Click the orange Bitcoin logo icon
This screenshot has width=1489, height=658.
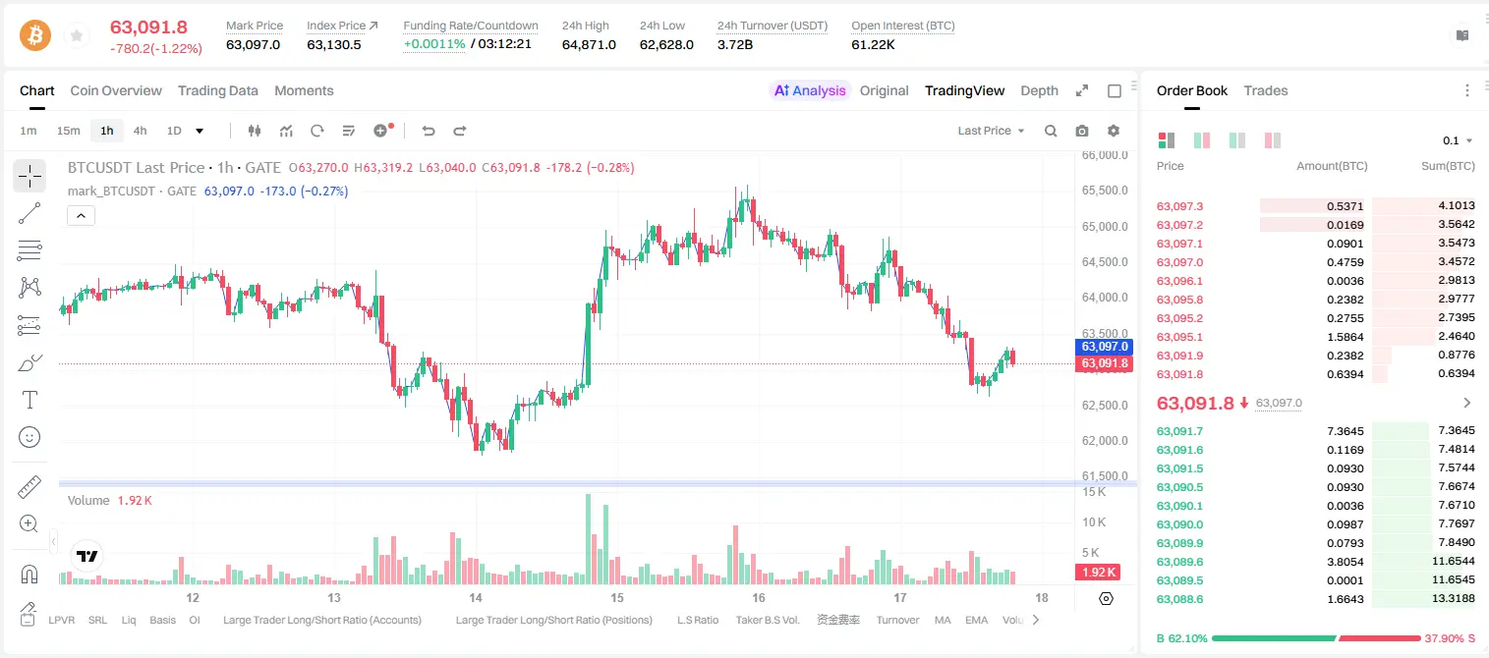(35, 35)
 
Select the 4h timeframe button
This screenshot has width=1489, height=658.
(140, 131)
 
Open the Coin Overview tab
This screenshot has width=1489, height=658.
(116, 90)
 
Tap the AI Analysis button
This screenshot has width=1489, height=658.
(810, 90)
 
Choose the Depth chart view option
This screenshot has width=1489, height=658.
(1039, 90)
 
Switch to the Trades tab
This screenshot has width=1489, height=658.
(1266, 90)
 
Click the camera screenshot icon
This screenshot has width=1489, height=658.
(1082, 131)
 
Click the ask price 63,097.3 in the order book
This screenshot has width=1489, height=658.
(1180, 206)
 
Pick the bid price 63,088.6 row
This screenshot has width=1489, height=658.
(1180, 599)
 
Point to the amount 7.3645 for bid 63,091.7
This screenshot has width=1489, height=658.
(1345, 431)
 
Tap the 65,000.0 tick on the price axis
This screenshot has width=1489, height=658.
(1105, 227)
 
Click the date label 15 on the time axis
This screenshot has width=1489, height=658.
(617, 597)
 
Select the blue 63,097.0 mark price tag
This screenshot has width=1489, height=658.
(1104, 347)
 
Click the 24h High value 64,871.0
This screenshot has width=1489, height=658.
(589, 44)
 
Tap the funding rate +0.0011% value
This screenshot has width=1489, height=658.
(434, 44)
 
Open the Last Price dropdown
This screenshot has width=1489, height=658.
(991, 131)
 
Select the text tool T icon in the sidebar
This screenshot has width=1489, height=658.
(29, 400)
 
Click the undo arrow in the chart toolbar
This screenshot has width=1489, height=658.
(429, 131)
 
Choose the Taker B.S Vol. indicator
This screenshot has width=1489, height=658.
(767, 620)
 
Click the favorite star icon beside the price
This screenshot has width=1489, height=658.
(77, 35)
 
